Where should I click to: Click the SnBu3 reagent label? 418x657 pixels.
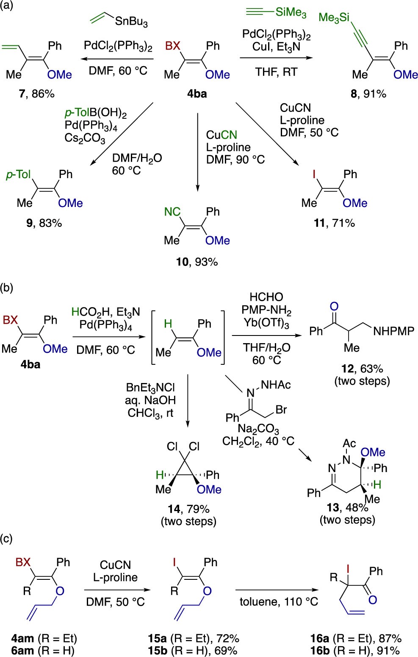132,22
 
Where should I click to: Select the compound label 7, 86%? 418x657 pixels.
36,94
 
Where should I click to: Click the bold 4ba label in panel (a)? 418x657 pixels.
197,94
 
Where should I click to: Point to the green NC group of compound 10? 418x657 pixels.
172,212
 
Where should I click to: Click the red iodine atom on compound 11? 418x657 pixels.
314,174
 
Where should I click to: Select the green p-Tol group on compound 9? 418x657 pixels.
19,175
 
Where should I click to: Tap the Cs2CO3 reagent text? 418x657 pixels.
85,138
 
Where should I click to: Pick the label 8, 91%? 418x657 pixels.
368,94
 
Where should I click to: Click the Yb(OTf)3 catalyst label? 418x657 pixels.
266,323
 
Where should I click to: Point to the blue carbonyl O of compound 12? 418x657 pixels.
334,307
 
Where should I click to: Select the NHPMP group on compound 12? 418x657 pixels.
394,331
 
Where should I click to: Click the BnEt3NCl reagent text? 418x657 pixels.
150,387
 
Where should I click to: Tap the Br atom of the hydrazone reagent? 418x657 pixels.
281,409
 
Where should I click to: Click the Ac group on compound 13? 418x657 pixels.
349,443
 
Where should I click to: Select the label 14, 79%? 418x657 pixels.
188,509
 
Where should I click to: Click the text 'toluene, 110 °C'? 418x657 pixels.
279,602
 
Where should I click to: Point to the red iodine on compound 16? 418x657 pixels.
348,570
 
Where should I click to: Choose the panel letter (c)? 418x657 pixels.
6,539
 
